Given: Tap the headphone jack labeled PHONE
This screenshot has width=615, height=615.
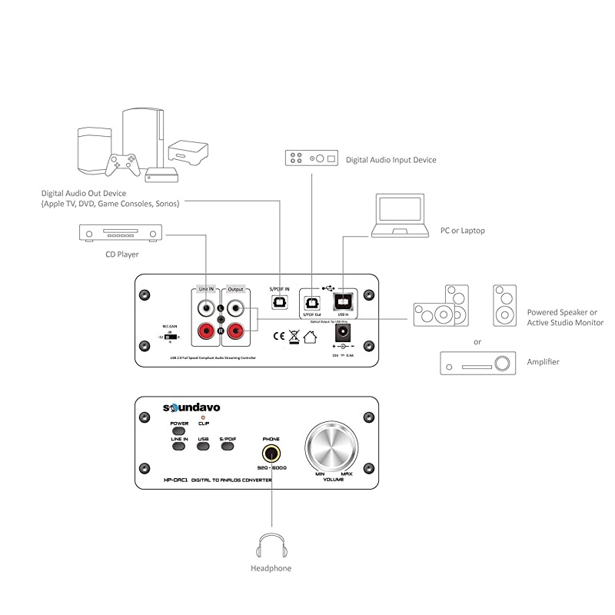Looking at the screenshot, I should pos(271,453).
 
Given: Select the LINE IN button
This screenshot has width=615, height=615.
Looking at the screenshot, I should pos(180,445).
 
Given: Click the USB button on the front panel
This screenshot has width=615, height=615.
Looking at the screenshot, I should pos(203,445).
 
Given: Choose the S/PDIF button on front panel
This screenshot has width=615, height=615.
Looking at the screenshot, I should pos(228,445).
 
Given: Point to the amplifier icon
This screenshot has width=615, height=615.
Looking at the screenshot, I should pos(477,363).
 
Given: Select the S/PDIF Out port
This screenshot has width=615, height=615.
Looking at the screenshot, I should pos(313,301).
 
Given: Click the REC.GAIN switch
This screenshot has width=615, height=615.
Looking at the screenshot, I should pos(171,337).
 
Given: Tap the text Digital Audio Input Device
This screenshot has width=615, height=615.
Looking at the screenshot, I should pos(391,160).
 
